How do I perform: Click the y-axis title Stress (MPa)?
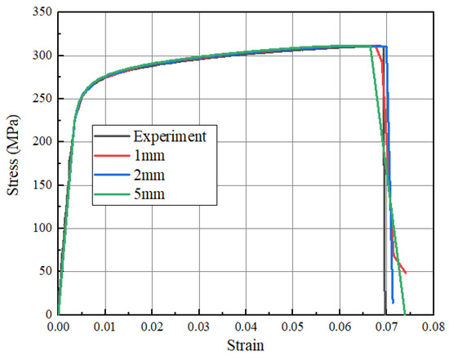coord(14,162)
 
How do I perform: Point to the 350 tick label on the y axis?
coord(38,12)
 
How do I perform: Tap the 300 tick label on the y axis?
coord(38,56)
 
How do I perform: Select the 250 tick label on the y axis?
coord(38,99)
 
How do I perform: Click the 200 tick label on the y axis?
coord(38,142)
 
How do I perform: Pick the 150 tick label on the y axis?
coord(38,185)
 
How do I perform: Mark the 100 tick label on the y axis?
coord(38,228)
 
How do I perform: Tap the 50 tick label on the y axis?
coord(42,271)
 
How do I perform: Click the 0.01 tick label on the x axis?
coord(105,327)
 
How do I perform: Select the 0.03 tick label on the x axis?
coord(199,327)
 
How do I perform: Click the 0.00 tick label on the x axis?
coord(58,327)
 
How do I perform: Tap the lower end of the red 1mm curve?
coord(405,272)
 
